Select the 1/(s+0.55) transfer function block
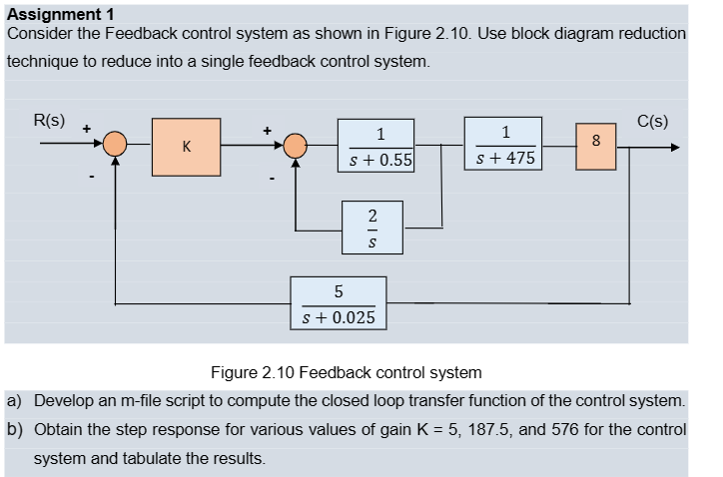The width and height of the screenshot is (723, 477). [375, 146]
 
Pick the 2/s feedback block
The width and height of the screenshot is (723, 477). [372, 227]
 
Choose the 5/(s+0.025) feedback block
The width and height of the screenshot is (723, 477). [339, 303]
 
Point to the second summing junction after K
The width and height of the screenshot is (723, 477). [295, 147]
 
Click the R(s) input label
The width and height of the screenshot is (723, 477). [49, 121]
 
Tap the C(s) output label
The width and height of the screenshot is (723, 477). [653, 122]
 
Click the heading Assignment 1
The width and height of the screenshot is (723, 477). [60, 13]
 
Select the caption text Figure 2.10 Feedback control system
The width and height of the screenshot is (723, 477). [346, 373]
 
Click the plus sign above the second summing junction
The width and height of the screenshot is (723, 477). [267, 129]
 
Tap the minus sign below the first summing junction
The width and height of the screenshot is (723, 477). [92, 180]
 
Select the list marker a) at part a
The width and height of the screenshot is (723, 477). [15, 401]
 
